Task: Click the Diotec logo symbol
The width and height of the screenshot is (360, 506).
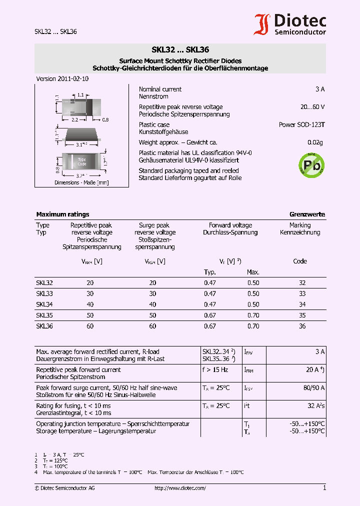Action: (x=262, y=24)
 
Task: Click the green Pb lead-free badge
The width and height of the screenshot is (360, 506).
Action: (x=311, y=164)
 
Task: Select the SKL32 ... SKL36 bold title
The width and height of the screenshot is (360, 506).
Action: (x=180, y=50)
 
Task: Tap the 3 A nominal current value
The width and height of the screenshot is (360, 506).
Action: (x=320, y=89)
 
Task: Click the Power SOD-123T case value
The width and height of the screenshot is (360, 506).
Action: (x=301, y=124)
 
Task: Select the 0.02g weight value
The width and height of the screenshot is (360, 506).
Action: (x=315, y=142)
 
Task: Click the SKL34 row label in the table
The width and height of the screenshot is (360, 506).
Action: (x=44, y=304)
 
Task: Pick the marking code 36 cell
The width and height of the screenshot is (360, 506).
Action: (x=302, y=326)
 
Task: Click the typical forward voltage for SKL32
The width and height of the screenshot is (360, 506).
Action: (x=210, y=283)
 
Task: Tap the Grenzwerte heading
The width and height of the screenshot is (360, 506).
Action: (x=307, y=214)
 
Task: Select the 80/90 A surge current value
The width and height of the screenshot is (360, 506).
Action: (x=314, y=387)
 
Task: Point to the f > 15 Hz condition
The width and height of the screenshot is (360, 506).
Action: (x=214, y=370)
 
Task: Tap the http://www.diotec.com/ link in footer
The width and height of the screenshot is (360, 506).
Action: (x=180, y=488)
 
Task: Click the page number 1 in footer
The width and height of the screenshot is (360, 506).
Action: (x=324, y=488)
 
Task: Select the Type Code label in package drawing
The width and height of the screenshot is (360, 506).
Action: (x=82, y=162)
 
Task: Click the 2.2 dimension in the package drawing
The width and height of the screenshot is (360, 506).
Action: (x=75, y=120)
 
